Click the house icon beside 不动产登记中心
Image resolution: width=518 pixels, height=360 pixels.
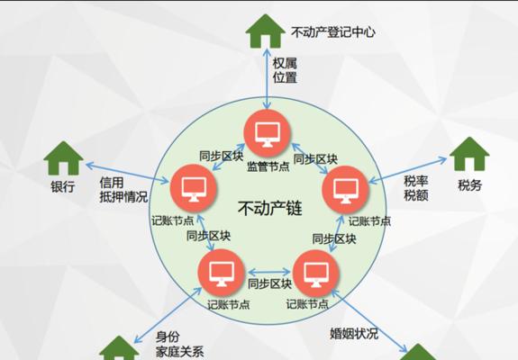pos(265,31)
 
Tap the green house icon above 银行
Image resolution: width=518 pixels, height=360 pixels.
pos(63,158)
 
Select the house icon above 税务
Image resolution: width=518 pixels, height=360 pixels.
pos(469,154)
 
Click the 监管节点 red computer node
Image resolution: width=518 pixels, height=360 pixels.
pos(268,133)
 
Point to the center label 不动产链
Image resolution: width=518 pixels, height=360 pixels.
pos(270,208)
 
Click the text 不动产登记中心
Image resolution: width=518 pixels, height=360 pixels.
pos(333,32)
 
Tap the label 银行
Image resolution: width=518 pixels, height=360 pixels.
pos(63,187)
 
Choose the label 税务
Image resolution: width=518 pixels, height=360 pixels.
pos(469,185)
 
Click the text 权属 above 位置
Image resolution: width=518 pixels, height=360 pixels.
pos(285,63)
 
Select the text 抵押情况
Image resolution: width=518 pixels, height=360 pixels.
pos(123,197)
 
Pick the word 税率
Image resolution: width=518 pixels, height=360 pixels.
pos(416,181)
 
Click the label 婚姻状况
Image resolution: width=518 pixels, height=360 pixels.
pos(354,334)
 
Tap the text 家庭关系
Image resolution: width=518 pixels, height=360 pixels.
pos(179,352)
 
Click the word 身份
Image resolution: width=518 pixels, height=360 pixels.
pos(168,337)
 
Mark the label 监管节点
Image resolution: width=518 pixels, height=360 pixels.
pos(268,166)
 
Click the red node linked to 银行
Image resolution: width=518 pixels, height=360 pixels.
pos(194,188)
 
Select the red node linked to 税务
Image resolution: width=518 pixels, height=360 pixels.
pos(345,190)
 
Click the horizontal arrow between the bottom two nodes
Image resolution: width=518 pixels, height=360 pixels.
pos(269,272)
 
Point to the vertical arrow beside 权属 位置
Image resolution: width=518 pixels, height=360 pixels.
pos(267,78)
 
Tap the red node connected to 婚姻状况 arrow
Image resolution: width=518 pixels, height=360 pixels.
pos(316,274)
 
